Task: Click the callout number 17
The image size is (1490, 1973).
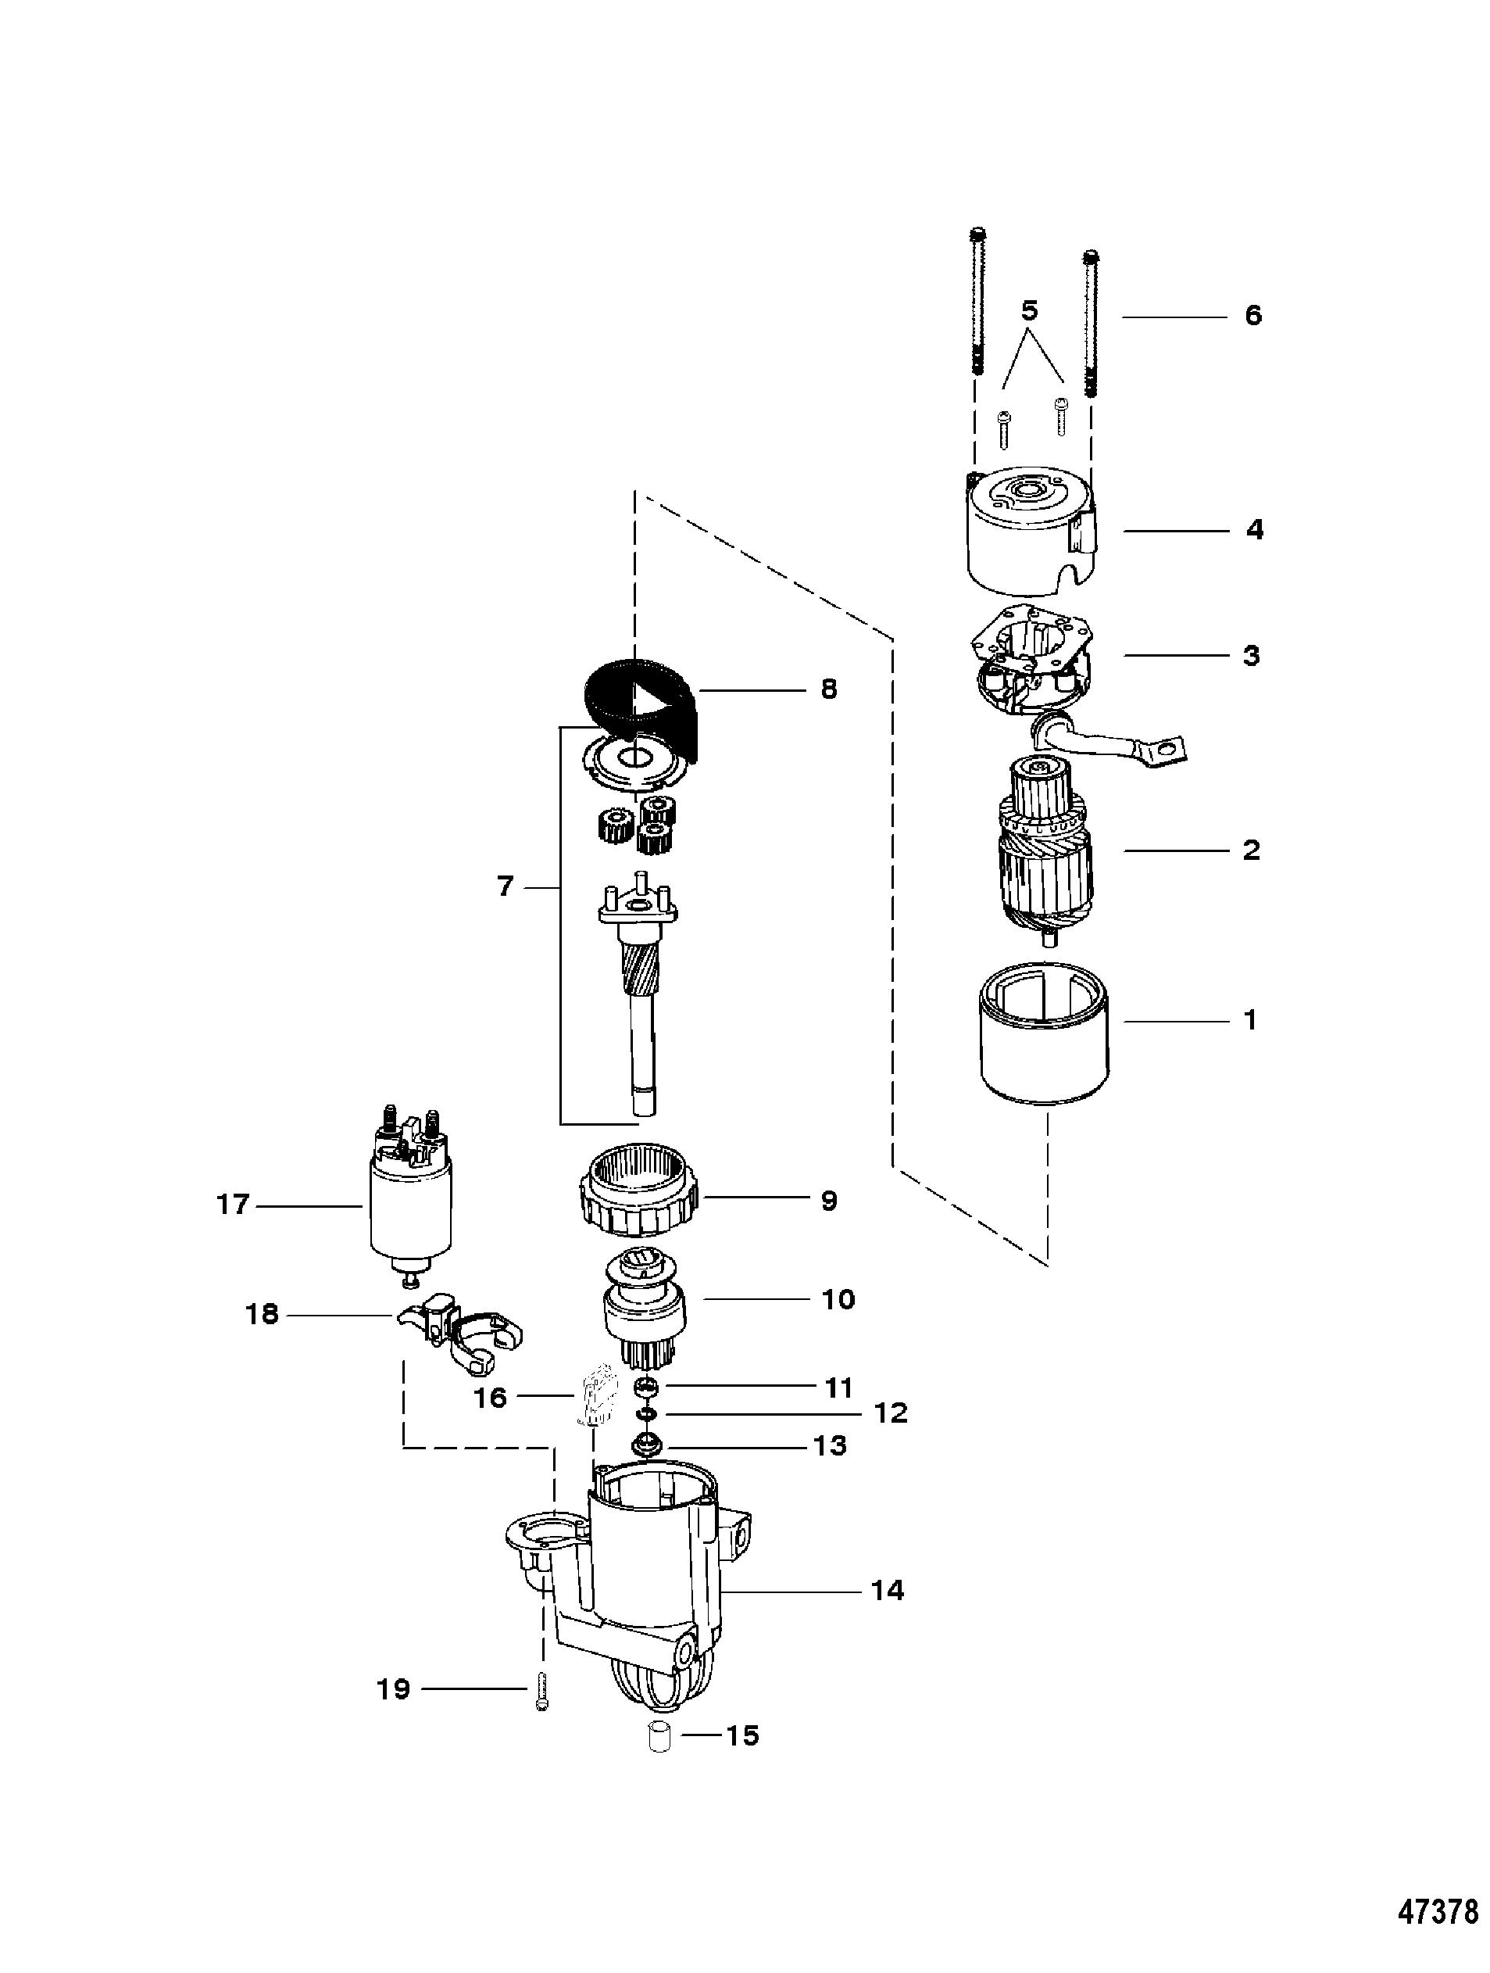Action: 232,1206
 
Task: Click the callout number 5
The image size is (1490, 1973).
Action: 1029,311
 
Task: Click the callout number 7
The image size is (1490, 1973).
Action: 505,886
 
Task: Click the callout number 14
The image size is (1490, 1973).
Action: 888,1590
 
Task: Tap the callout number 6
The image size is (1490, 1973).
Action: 1254,316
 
